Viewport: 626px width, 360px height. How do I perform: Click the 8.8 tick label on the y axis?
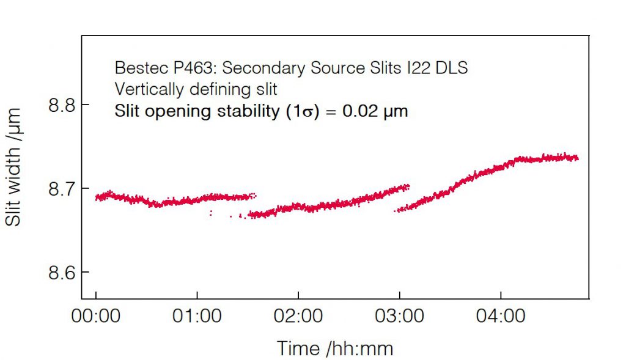(61, 105)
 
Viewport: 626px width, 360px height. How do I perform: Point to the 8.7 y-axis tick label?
(61, 189)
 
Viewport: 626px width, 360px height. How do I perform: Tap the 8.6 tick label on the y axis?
(61, 273)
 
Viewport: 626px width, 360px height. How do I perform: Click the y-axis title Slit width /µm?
(13, 166)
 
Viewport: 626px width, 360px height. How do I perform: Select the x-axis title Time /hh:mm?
(335, 348)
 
